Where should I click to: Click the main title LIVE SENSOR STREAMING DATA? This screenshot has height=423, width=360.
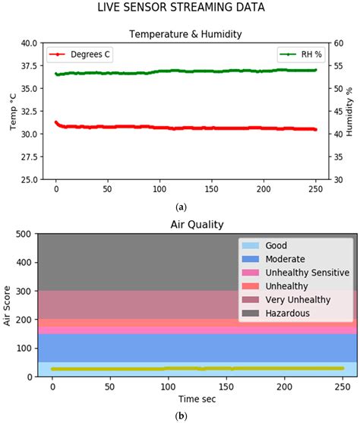click(x=179, y=8)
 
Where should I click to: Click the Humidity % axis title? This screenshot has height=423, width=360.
click(x=350, y=111)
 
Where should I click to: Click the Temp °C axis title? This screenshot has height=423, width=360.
click(x=11, y=111)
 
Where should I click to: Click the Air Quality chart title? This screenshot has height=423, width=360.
click(x=182, y=225)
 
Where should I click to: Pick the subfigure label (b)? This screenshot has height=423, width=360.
click(x=182, y=416)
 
